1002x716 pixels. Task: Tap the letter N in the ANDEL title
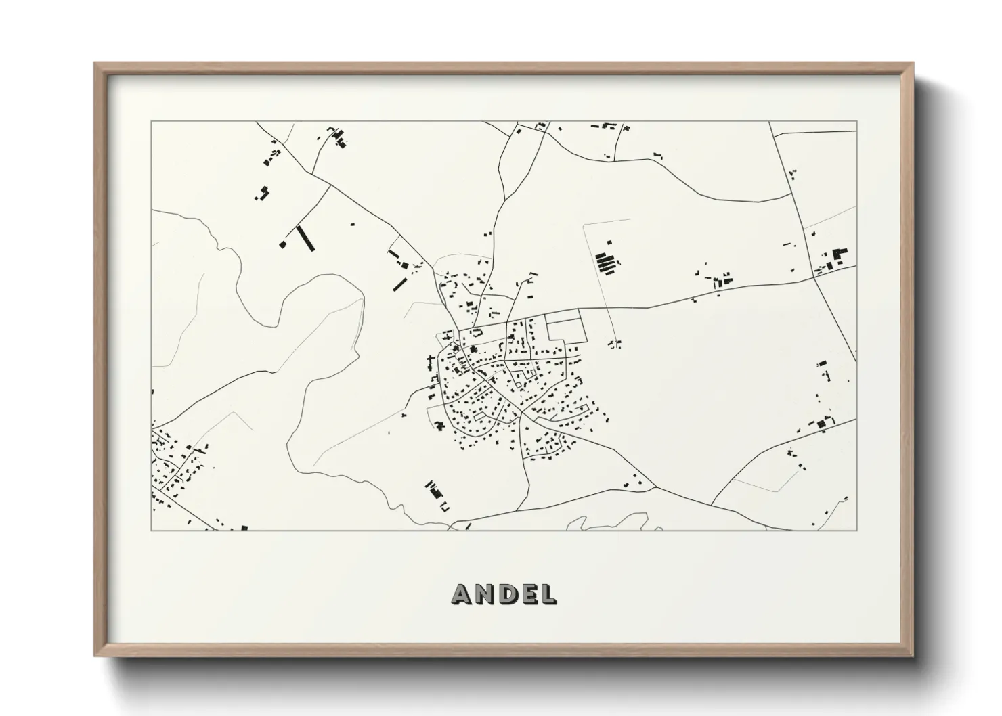click(x=485, y=594)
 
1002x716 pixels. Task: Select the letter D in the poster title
click(x=506, y=594)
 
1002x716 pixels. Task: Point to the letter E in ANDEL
click(x=527, y=594)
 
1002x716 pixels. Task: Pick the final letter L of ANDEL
click(x=547, y=594)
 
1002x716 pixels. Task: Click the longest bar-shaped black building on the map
click(x=305, y=238)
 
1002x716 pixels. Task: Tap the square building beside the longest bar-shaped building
click(x=283, y=244)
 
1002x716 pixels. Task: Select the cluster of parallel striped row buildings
click(x=606, y=263)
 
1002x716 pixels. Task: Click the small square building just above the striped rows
click(x=609, y=242)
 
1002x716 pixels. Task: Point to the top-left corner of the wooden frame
click(x=95, y=64)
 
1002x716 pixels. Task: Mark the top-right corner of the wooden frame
click(x=913, y=64)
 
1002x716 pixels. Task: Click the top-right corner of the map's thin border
click(x=856, y=122)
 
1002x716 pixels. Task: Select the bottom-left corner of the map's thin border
click(x=151, y=530)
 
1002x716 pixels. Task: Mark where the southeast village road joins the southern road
click(x=655, y=487)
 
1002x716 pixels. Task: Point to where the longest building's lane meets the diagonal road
click(x=330, y=186)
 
